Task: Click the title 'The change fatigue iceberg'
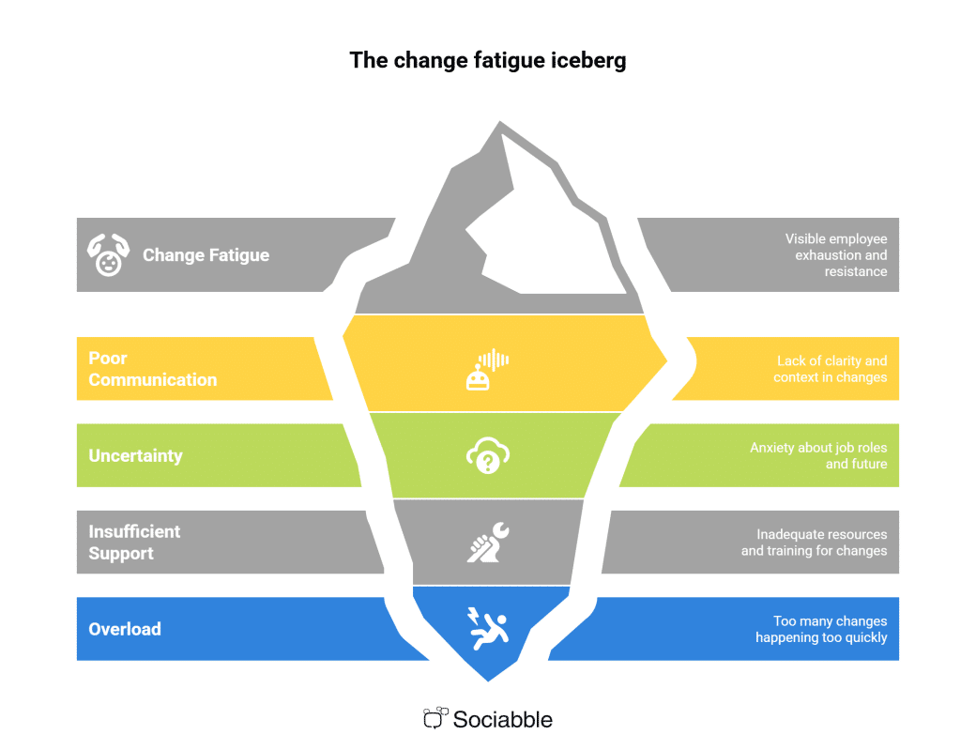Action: [487, 60]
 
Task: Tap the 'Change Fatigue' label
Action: [206, 255]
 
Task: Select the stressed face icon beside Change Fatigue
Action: [108, 254]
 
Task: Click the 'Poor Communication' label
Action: [152, 369]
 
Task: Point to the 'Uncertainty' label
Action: [135, 456]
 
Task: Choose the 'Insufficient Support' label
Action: [134, 543]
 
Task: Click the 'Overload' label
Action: [125, 629]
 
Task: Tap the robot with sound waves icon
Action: [487, 369]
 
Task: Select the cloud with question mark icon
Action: [487, 456]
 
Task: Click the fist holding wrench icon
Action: [487, 543]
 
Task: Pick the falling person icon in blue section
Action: [487, 629]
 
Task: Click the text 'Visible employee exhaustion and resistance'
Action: [835, 255]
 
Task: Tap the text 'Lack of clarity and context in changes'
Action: [831, 369]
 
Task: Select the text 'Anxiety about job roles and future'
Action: [818, 456]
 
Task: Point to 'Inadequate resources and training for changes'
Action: [814, 543]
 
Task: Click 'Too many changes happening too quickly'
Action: [821, 629]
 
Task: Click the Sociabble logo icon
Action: [434, 719]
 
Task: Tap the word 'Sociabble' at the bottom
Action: [502, 720]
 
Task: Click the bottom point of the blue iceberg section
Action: [488, 678]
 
